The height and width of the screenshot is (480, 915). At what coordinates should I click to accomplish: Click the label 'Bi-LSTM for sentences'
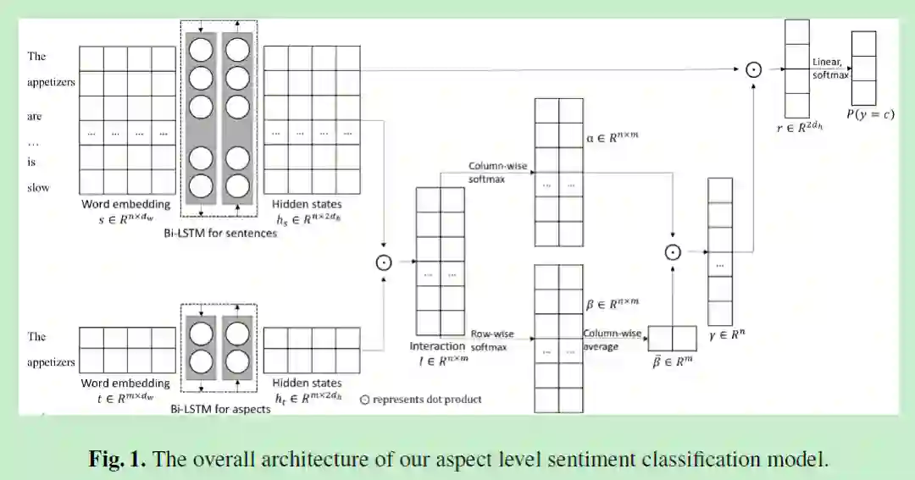point(220,233)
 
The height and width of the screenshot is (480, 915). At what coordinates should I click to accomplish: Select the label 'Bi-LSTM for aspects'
point(220,409)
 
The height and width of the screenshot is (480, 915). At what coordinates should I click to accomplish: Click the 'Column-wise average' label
point(613,340)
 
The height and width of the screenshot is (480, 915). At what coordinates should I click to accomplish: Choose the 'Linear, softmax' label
point(829,69)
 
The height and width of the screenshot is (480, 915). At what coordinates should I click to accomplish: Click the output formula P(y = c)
point(869,114)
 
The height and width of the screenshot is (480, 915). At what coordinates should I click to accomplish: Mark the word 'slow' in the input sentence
point(39,187)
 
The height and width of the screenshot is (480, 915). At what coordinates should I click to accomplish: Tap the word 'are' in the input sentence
point(35,116)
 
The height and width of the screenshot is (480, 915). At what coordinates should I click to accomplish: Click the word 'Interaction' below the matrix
point(437,345)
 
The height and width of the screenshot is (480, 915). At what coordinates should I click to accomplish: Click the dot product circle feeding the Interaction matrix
point(385,262)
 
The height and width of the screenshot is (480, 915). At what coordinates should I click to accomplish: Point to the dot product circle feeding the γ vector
point(672,251)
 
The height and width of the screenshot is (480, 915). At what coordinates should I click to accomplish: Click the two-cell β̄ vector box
point(672,338)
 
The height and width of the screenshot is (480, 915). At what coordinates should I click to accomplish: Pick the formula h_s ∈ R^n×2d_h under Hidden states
point(307,218)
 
